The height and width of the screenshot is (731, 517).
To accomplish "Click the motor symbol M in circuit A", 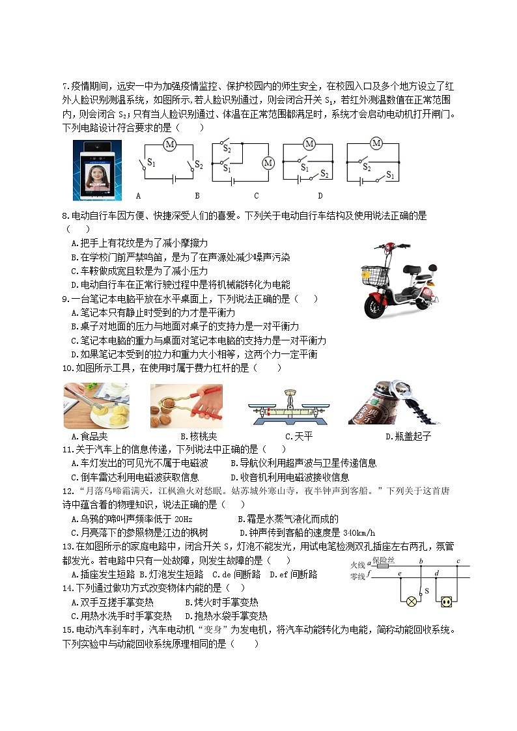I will tap(169, 144).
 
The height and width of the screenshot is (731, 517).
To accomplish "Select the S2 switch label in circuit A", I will tap(198, 165).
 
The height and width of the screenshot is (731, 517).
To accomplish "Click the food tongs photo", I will tap(96, 406).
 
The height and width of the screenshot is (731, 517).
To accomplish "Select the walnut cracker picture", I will tap(186, 406).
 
